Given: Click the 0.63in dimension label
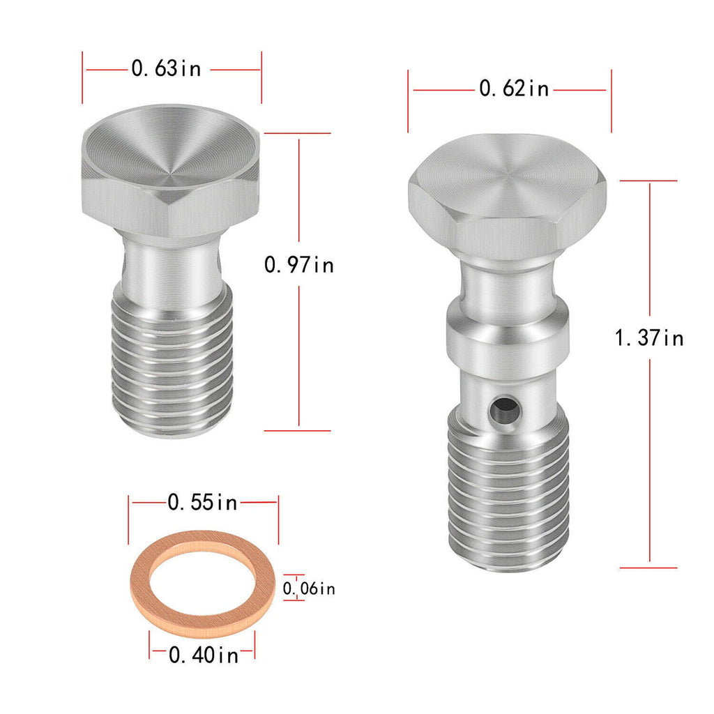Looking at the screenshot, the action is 166,69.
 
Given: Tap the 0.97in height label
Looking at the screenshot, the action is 298,264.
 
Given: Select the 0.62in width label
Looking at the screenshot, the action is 514,89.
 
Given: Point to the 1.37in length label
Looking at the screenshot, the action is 649,338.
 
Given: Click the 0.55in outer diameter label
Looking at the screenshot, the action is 203,502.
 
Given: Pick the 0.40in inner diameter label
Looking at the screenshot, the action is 204,655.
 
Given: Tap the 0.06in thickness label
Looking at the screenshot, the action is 309,588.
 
